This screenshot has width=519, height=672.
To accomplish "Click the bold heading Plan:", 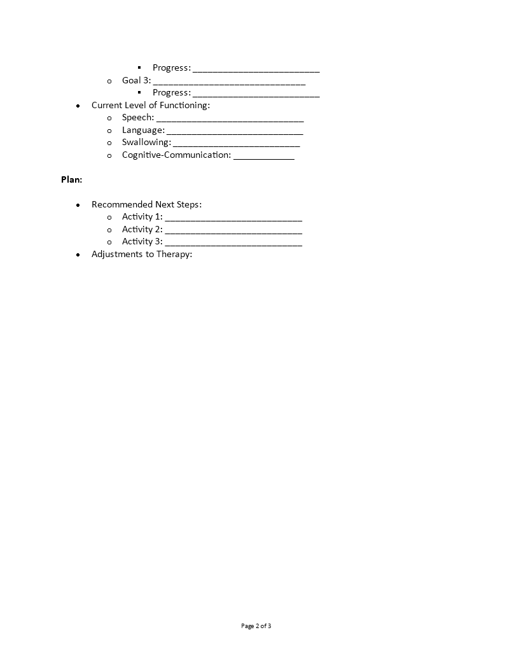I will (71, 179).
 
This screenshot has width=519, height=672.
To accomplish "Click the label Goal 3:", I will (136, 81).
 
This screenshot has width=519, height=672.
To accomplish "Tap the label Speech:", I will (138, 118).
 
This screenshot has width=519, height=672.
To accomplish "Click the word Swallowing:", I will (146, 143).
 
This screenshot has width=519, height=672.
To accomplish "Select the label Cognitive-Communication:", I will (176, 155).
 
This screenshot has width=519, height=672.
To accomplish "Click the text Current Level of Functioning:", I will (150, 106).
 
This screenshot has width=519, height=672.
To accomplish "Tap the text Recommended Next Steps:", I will (146, 204).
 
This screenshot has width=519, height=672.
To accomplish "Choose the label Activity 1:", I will (142, 217).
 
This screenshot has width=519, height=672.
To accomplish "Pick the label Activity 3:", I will (142, 242).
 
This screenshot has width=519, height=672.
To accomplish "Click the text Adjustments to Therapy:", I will (142, 254).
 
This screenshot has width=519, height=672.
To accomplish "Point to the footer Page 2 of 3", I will (256, 626).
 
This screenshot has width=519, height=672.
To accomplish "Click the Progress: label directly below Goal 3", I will (171, 93).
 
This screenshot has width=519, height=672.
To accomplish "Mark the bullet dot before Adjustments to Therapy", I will (78, 255).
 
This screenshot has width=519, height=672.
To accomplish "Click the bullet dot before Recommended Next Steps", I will (78, 205).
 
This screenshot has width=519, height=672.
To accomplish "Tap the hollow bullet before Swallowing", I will (109, 143).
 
